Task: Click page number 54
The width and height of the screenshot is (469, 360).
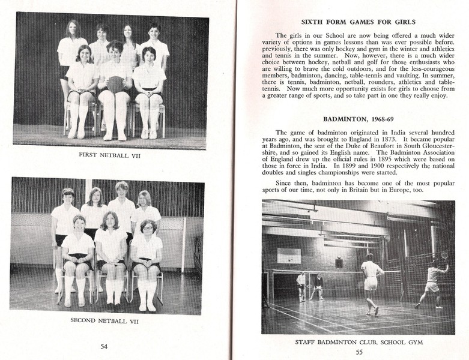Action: pos(104,346)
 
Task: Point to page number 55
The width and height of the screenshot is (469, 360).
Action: pos(359,352)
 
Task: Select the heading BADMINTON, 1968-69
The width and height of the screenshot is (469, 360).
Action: pos(359,119)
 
